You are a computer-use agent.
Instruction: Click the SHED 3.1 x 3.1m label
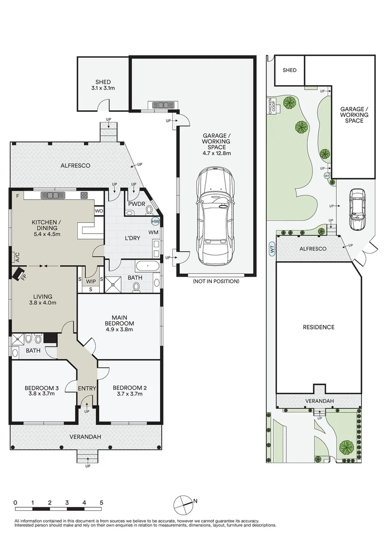pos(103,85)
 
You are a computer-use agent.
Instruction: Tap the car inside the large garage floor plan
pos(216,217)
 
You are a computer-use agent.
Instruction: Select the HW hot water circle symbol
pos(155,221)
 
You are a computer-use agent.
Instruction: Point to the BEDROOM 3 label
pos(42,390)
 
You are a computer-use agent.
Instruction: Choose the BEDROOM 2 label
pos(130,390)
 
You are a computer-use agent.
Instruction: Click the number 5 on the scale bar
pos(101,503)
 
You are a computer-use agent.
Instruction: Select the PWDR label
pos(136,204)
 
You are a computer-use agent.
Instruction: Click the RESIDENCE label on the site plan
pos(318,327)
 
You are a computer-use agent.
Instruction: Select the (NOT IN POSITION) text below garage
pos(216,281)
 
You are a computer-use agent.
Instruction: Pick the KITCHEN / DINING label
pos(46,228)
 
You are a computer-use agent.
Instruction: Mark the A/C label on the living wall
pos(17,257)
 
